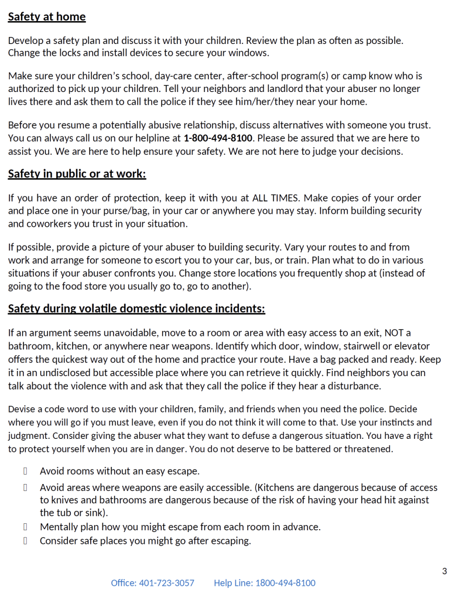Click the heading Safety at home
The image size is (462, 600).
point(47,17)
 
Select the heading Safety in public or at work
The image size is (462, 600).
point(77,174)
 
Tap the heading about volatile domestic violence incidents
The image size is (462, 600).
point(136,309)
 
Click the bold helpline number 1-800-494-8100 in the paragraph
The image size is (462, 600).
point(218,138)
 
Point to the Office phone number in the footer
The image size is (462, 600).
point(152,583)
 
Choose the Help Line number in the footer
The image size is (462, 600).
point(265,583)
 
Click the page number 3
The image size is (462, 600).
point(444,571)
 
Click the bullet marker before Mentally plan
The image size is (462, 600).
point(26,527)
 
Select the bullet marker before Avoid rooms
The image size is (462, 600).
point(26,471)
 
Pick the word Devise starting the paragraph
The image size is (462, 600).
point(22,410)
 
